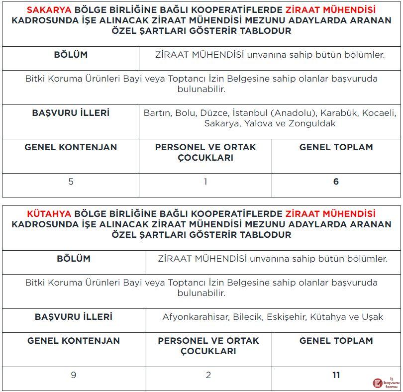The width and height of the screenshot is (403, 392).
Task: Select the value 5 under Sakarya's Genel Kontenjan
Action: [x=71, y=182]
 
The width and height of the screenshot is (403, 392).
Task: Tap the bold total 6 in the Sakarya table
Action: [x=336, y=182]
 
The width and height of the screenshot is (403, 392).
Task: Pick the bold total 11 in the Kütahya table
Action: [x=336, y=375]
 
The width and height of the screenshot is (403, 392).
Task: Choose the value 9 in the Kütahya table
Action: [x=74, y=375]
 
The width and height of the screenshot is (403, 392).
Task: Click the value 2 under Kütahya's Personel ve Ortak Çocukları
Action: [x=208, y=375]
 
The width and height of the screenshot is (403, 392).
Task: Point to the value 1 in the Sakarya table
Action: [x=205, y=182]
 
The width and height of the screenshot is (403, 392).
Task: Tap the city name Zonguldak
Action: [x=313, y=123]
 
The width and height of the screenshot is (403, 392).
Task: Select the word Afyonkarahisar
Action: [x=196, y=317]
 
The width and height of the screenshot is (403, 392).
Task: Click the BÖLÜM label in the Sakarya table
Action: [x=71, y=55]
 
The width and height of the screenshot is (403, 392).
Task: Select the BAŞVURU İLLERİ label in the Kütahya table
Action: [x=74, y=316]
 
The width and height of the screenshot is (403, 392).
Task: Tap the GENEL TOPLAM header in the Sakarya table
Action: [x=336, y=147]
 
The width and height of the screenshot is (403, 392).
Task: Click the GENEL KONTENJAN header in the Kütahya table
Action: [x=74, y=341]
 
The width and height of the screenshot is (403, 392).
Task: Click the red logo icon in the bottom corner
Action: [x=378, y=383]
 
